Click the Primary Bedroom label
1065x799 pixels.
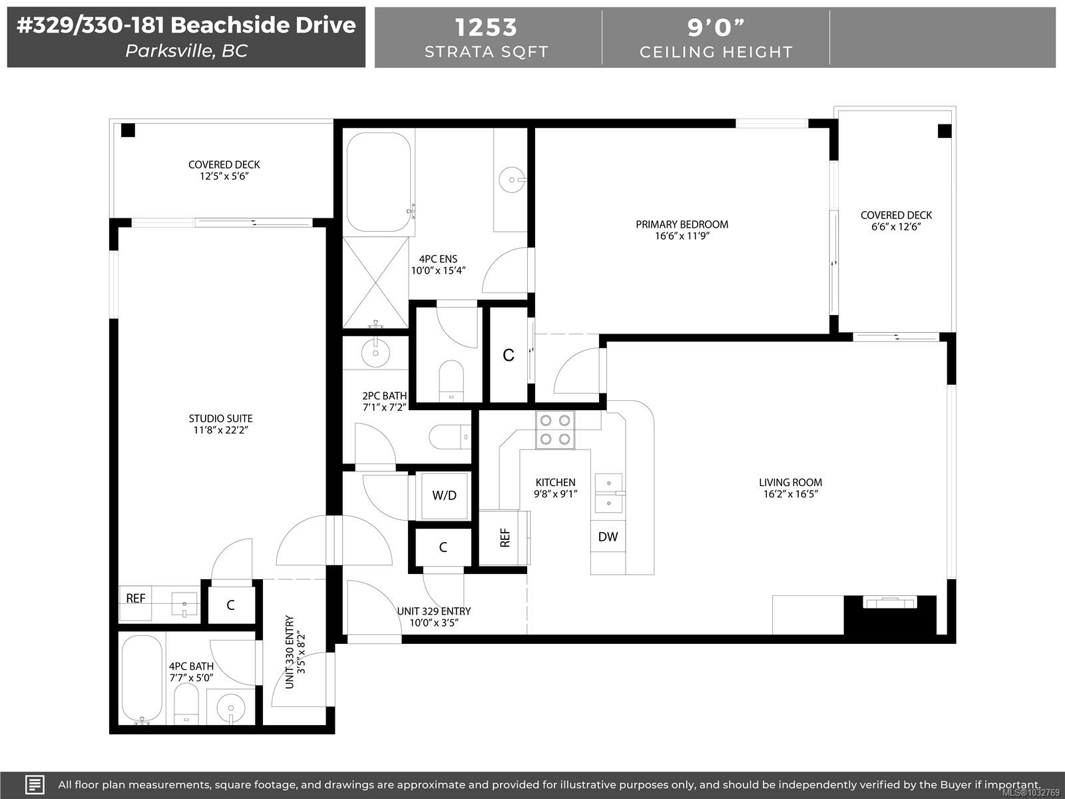pyautogui.click(x=682, y=224)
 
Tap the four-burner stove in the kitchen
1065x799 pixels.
pyautogui.click(x=555, y=429)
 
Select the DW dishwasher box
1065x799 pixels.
pyautogui.click(x=608, y=537)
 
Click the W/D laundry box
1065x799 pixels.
pyautogui.click(x=444, y=495)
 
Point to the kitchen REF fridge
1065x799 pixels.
pyautogui.click(x=505, y=537)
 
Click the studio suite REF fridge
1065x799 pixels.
pyautogui.click(x=136, y=599)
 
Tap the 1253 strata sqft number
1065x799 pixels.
pyautogui.click(x=486, y=27)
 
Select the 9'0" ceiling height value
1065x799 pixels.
pyautogui.click(x=716, y=27)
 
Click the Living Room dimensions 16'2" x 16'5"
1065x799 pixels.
pyautogui.click(x=790, y=494)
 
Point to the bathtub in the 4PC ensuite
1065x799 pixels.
pyautogui.click(x=378, y=182)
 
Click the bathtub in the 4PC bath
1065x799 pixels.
pyautogui.click(x=142, y=679)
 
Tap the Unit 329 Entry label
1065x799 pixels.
pyautogui.click(x=434, y=611)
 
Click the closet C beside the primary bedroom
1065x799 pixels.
pyautogui.click(x=509, y=356)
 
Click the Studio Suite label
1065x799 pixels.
pyautogui.click(x=220, y=419)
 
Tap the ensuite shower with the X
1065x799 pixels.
pyautogui.click(x=375, y=282)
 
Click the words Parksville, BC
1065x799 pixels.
pyautogui.click(x=186, y=51)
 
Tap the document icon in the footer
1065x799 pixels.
pyautogui.click(x=35, y=784)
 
